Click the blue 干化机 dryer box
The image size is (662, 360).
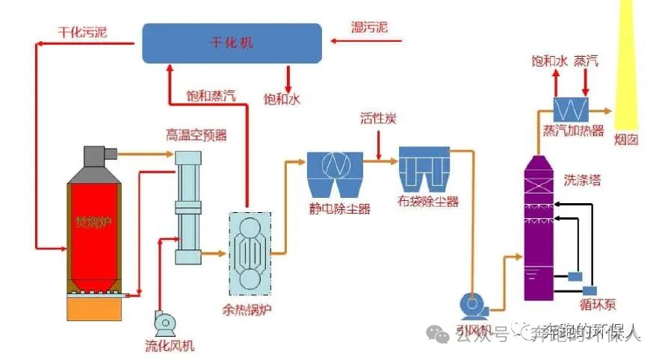[232, 43]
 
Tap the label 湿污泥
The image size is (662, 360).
[370, 28]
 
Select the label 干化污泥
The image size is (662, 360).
[82, 32]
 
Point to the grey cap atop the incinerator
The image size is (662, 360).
[96, 157]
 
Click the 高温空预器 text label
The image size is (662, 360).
[196, 135]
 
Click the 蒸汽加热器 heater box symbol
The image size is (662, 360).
[572, 109]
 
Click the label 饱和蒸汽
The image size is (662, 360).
[211, 96]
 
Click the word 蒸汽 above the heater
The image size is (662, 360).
[586, 61]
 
